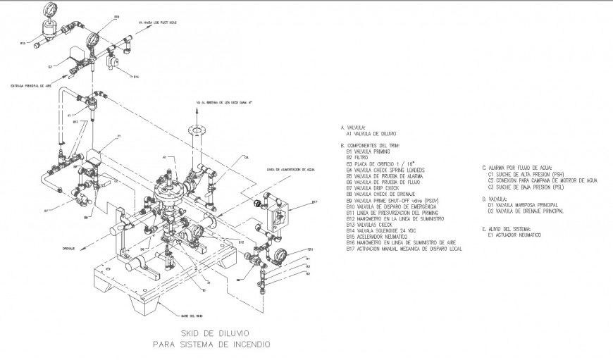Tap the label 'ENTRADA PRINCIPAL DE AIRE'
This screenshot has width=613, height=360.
[30, 85]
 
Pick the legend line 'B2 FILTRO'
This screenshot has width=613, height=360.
[358, 157]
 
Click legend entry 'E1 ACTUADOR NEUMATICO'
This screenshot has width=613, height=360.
[514, 235]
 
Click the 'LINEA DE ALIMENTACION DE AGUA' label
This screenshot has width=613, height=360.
[289, 170]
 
